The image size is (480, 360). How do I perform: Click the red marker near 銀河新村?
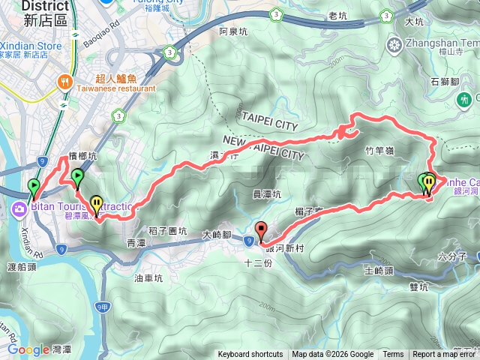pos(261,231)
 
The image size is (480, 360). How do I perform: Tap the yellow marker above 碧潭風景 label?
pos(97,203)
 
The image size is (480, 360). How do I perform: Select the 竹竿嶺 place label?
pos(379,151)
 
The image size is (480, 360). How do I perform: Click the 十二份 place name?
pos(257,263)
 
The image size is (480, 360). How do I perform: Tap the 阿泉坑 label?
pos(233,32)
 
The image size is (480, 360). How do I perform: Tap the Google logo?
pos(28,349)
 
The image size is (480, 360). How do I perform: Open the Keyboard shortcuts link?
pos(250,355)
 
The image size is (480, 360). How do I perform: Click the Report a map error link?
pos(445,355)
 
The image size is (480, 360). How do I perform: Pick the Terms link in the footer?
pos(393,355)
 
